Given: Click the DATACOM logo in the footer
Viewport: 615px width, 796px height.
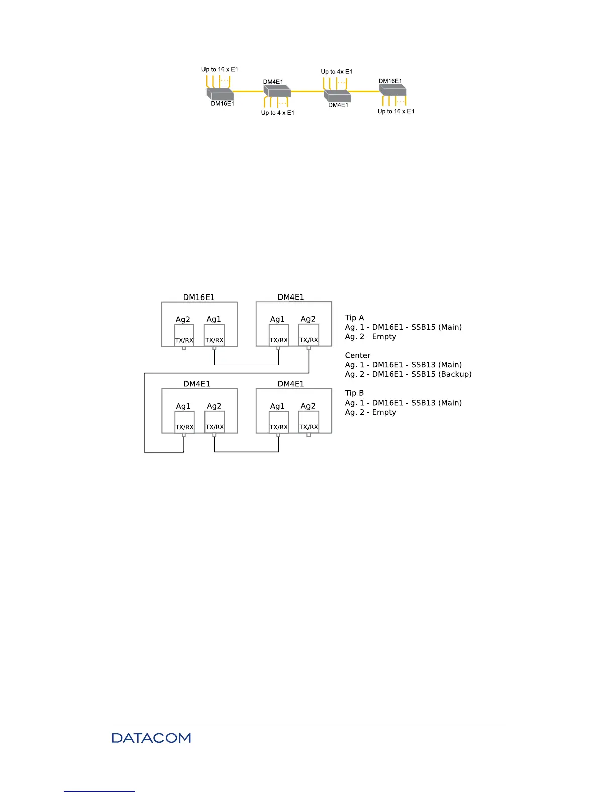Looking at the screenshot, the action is tap(151, 738).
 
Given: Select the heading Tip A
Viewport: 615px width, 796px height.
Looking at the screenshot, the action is tap(354, 318).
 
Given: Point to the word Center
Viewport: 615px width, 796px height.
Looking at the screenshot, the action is tap(357, 355).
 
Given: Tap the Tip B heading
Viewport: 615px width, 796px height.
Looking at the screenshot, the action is tap(354, 393).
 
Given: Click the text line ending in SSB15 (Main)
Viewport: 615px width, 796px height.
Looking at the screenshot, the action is tap(403, 327).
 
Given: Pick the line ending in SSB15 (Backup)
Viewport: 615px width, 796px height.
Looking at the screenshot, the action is tap(408, 374).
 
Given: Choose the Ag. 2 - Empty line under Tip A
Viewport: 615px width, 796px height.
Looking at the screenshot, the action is tap(370, 337).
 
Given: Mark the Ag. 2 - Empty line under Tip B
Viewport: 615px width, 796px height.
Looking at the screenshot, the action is tap(370, 412).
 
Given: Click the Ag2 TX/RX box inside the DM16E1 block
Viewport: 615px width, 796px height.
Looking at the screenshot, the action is tap(184, 335).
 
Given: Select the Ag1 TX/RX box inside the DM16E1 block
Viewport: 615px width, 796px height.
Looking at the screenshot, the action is tap(214, 335).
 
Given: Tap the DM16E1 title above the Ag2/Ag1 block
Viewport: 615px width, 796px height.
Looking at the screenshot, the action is tap(198, 297).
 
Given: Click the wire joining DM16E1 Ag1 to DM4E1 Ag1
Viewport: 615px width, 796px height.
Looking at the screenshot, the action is tap(246, 365).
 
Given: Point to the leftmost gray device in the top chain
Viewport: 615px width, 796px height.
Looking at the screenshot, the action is tap(220, 94).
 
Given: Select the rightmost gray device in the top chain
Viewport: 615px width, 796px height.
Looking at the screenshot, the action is tap(392, 90).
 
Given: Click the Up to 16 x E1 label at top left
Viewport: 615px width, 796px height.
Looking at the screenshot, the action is tap(220, 69).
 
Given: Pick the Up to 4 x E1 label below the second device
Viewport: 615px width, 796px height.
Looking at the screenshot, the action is tap(277, 113).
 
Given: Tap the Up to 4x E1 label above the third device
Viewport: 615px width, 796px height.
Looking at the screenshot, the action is tap(336, 72).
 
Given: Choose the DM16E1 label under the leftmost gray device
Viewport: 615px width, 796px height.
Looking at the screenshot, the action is tap(222, 104).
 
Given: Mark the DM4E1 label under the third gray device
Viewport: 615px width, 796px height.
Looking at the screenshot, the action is tap(338, 105).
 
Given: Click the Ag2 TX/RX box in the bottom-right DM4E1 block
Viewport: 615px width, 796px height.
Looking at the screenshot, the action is tap(309, 422).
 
